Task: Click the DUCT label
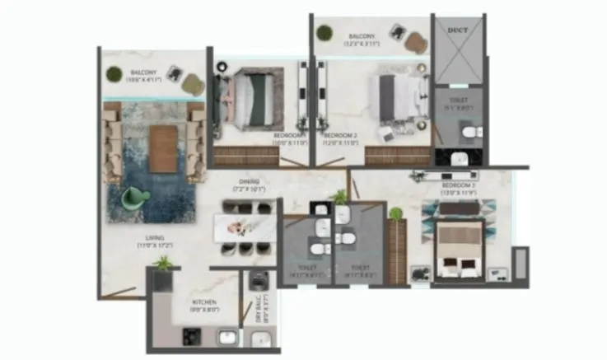pos(456,30)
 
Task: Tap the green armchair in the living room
pos(134,199)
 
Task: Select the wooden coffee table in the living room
pos(163,148)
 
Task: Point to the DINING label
pos(250,181)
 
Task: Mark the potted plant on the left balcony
pos(114,74)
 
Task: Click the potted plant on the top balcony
pos(325,33)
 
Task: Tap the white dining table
pos(245,227)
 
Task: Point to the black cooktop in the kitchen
pos(192,335)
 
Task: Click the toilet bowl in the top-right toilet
pos(468,133)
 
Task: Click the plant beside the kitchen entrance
pos(165,264)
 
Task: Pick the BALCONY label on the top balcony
pos(362,36)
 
